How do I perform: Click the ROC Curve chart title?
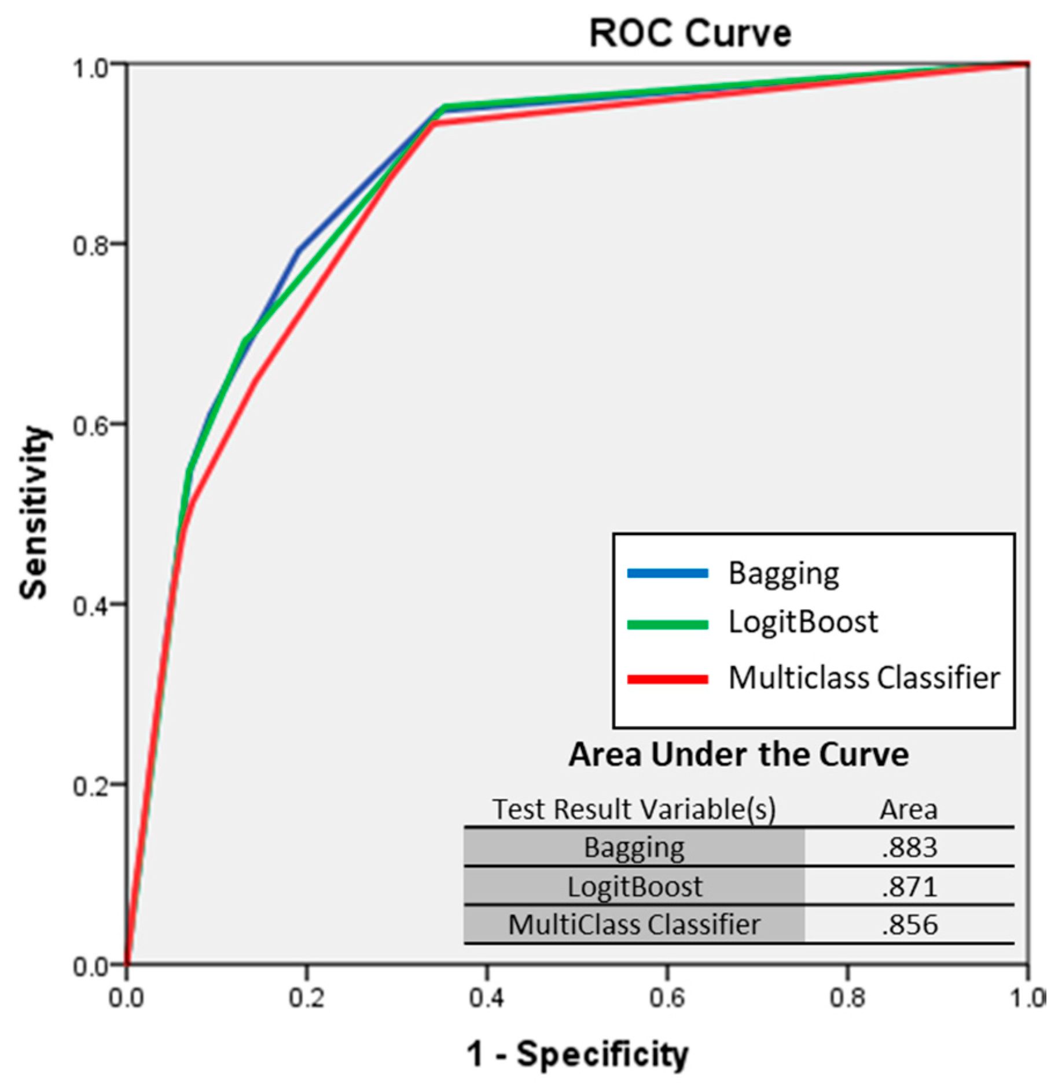pyautogui.click(x=689, y=33)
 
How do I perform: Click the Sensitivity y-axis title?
pyautogui.click(x=33, y=512)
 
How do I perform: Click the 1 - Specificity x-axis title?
pyautogui.click(x=577, y=1053)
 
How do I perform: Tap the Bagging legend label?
pyautogui.click(x=783, y=573)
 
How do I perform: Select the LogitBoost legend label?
pyautogui.click(x=803, y=622)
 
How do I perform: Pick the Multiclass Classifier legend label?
pyautogui.click(x=864, y=677)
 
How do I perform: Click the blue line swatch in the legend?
pyautogui.click(x=667, y=573)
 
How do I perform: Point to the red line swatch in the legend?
pyautogui.click(x=667, y=679)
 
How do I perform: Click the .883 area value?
pyautogui.click(x=909, y=847)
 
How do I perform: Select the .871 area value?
pyautogui.click(x=909, y=886)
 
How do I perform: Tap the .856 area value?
pyautogui.click(x=909, y=924)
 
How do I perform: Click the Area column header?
pyautogui.click(x=908, y=809)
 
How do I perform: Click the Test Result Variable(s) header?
pyautogui.click(x=634, y=809)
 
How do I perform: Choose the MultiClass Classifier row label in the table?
pyautogui.click(x=634, y=924)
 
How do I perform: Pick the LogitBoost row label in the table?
pyautogui.click(x=634, y=886)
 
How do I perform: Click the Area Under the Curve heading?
pyautogui.click(x=738, y=754)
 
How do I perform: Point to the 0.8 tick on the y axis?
pyautogui.click(x=90, y=245)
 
